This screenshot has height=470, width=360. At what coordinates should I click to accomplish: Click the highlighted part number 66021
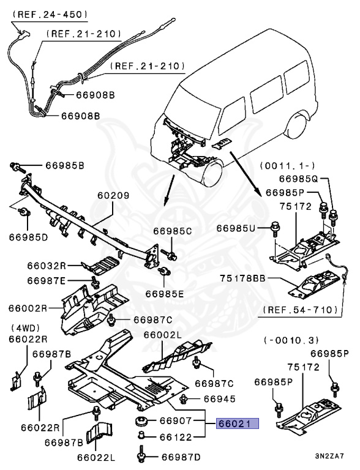(x=238, y=423)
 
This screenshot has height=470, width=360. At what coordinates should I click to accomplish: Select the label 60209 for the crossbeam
(x=113, y=195)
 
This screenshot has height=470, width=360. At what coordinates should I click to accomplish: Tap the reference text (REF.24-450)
(x=50, y=15)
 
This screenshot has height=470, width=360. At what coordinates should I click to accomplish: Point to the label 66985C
(x=173, y=231)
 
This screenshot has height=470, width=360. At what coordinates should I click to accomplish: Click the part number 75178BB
(x=242, y=278)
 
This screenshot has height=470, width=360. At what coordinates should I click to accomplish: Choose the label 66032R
(x=46, y=266)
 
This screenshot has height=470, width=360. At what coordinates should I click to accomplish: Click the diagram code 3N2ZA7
(x=329, y=456)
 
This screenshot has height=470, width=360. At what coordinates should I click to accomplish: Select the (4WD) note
(x=26, y=328)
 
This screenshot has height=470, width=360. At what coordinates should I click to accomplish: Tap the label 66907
(x=176, y=421)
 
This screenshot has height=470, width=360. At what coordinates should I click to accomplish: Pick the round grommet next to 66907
(x=140, y=420)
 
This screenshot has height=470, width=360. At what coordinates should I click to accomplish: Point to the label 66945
(x=220, y=399)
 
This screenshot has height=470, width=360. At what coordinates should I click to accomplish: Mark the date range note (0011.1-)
(x=287, y=166)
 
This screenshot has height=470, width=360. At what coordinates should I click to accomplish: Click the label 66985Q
(x=298, y=179)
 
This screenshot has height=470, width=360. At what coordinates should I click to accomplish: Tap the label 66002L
(x=163, y=335)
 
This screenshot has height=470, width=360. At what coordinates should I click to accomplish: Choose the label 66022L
(x=96, y=458)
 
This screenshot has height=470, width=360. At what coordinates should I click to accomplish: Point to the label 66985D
(x=28, y=237)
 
